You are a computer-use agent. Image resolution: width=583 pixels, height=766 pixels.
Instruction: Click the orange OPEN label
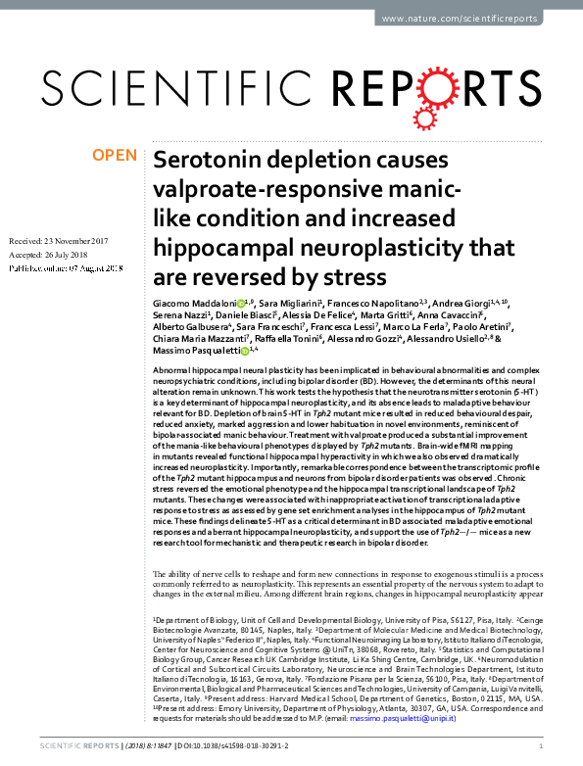pos(115,155)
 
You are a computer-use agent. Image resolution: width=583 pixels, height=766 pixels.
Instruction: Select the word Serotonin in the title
pos(204,159)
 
